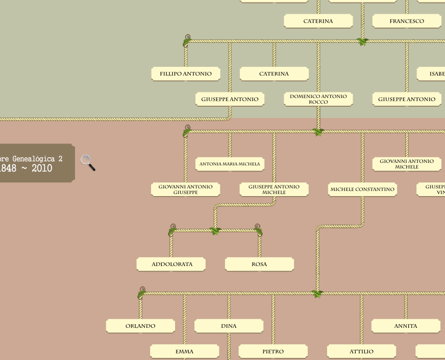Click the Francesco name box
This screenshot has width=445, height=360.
point(407,21)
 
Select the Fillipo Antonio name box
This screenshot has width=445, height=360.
point(186,74)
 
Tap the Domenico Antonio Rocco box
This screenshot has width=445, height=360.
point(318,99)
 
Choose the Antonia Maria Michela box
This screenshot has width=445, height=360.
point(230,164)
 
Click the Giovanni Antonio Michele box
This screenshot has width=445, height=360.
point(407,164)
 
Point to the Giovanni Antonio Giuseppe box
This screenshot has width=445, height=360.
point(186,189)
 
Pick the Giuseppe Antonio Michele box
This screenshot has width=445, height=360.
point(274,189)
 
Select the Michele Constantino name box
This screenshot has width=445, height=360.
point(362,189)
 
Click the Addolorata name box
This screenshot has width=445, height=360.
point(171,264)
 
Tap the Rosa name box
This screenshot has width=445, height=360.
point(259,264)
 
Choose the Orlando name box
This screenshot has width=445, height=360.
point(140,326)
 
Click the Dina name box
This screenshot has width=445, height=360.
point(229,326)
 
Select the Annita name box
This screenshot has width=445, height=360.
point(406,326)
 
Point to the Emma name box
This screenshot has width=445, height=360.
point(184,351)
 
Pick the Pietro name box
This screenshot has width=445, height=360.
point(273,351)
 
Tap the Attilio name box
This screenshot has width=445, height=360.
point(361,351)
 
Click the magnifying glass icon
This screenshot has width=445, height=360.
point(88,162)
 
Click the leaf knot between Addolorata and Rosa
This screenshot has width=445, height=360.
point(215,231)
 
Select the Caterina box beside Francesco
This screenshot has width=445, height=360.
point(318,21)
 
